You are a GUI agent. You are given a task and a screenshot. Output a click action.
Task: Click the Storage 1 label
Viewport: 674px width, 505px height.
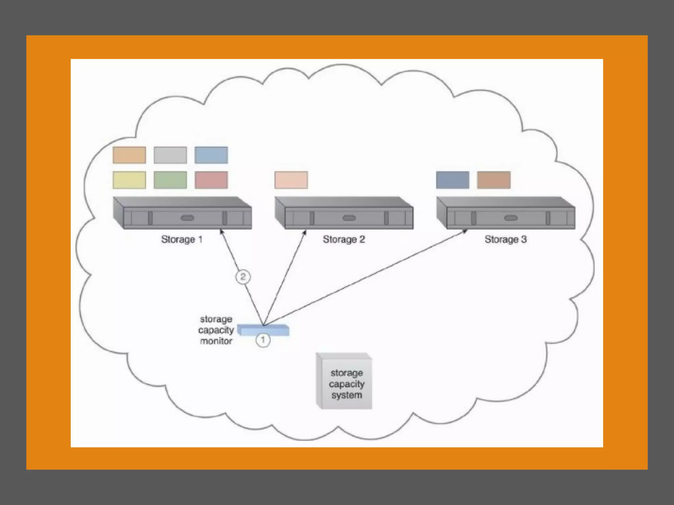(x=182, y=239)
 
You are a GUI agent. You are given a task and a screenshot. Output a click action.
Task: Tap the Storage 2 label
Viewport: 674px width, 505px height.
(x=344, y=239)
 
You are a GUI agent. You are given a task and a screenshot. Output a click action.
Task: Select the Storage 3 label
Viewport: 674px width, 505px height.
(x=505, y=239)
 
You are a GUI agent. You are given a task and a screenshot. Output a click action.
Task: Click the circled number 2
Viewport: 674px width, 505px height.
(x=243, y=277)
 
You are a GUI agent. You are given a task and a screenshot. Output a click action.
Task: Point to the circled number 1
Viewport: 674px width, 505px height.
(x=263, y=340)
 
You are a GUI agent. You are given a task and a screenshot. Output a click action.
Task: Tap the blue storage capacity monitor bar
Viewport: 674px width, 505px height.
(x=263, y=330)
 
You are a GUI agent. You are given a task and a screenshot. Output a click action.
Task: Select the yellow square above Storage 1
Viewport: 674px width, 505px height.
(x=129, y=180)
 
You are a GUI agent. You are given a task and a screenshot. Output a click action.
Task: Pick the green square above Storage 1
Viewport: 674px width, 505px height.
(x=170, y=180)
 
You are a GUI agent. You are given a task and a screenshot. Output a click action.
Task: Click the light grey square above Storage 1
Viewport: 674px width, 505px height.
(x=170, y=155)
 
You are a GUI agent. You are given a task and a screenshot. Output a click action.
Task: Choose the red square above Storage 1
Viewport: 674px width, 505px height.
(x=211, y=180)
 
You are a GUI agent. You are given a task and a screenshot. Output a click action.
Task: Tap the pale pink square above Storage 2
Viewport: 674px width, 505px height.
(x=291, y=180)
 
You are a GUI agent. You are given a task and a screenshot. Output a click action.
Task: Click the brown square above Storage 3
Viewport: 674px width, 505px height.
(x=494, y=180)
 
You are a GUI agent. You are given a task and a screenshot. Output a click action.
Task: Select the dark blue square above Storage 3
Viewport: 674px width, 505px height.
(x=453, y=180)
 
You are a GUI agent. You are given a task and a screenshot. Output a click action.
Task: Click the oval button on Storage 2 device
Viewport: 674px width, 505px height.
(x=349, y=218)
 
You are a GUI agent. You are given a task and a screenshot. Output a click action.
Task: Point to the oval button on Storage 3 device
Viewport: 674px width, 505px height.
(x=511, y=218)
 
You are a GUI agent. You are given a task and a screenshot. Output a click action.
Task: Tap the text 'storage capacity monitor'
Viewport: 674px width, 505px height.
(x=216, y=330)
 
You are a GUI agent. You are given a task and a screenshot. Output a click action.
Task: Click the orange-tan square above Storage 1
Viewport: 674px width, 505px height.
(x=129, y=155)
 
